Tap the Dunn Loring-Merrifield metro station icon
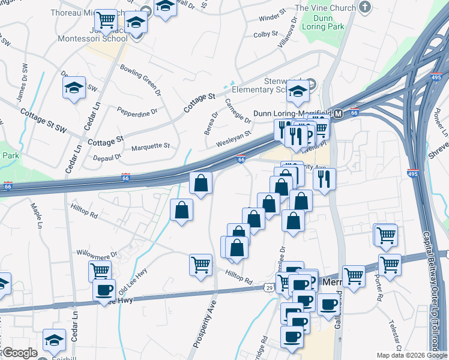(338, 113)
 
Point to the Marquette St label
(151, 146)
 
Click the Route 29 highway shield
(270, 289)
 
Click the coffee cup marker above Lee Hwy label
(104, 290)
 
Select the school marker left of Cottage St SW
(74, 88)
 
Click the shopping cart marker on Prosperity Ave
(200, 263)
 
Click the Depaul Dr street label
(107, 157)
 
